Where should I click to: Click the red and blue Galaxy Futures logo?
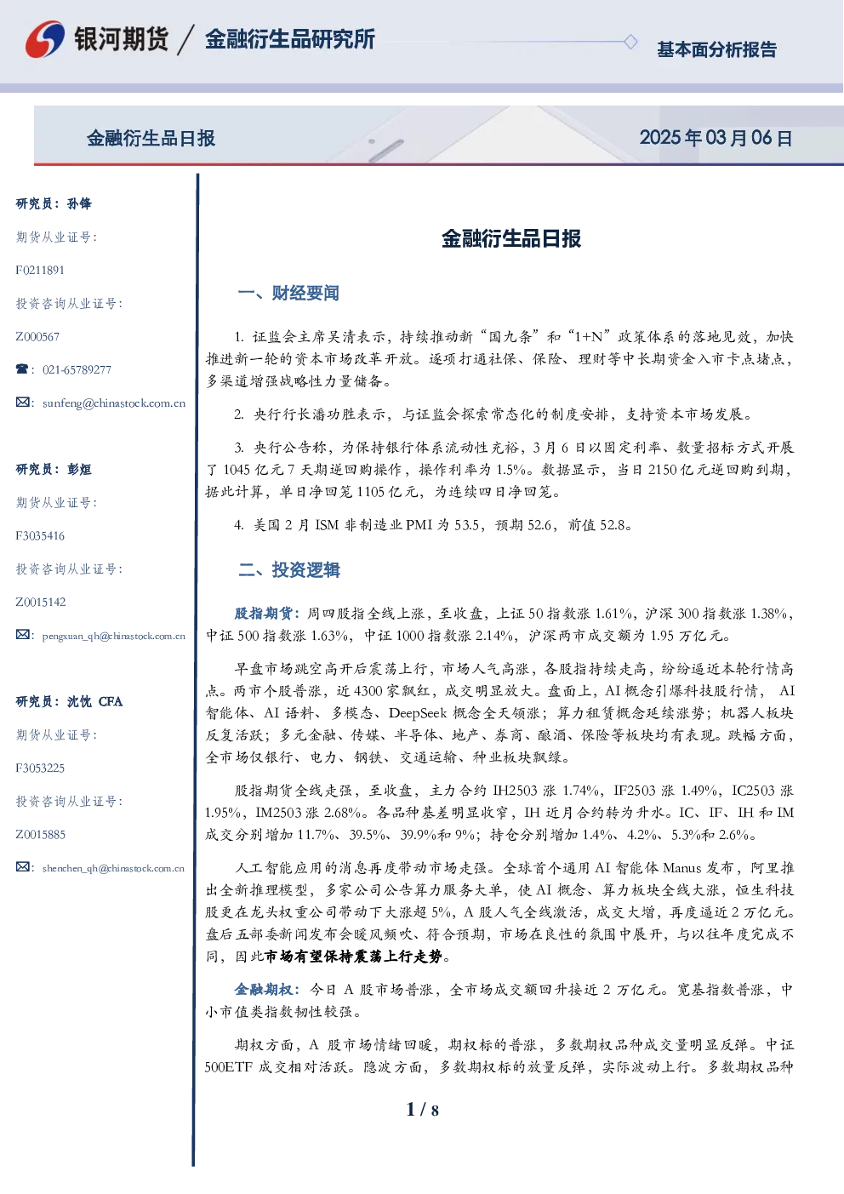[45, 39]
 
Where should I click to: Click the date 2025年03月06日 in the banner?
[716, 138]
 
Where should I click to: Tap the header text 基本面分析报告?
[716, 49]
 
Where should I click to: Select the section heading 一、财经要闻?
[288, 293]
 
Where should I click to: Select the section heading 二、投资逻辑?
[288, 570]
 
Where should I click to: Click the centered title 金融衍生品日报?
[511, 238]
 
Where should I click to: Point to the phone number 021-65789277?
[77, 369]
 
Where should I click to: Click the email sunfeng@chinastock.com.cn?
[114, 403]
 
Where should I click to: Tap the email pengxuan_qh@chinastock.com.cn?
[114, 636]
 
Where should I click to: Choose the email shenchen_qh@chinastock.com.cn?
[113, 868]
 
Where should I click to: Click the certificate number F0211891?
[40, 271]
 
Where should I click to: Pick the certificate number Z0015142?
[41, 603]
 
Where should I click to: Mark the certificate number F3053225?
[40, 768]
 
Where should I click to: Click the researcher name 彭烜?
[79, 469]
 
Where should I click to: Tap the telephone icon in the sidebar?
[22, 368]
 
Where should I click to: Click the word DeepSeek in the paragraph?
[418, 713]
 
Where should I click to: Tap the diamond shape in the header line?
[630, 42]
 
